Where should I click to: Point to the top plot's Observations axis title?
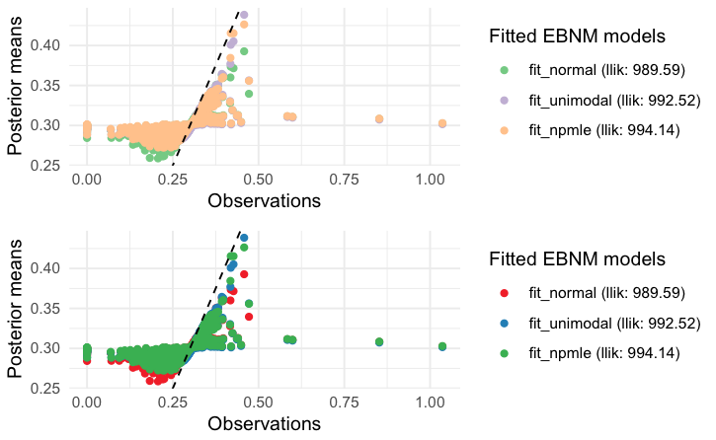pos(265,201)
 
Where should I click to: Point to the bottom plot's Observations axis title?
pos(265,424)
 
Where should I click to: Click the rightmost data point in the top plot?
pos(442,123)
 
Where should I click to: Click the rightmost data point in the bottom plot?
pos(442,346)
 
